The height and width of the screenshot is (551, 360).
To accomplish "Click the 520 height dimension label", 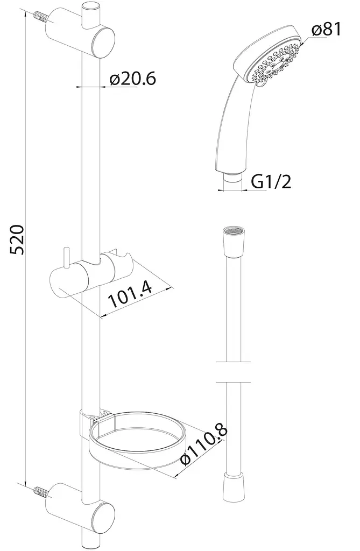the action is click(17, 239).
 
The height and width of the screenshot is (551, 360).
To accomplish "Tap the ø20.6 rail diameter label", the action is click(132, 79).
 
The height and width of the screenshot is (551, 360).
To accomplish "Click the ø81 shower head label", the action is click(327, 30).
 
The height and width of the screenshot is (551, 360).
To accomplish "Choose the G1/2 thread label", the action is click(271, 182).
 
